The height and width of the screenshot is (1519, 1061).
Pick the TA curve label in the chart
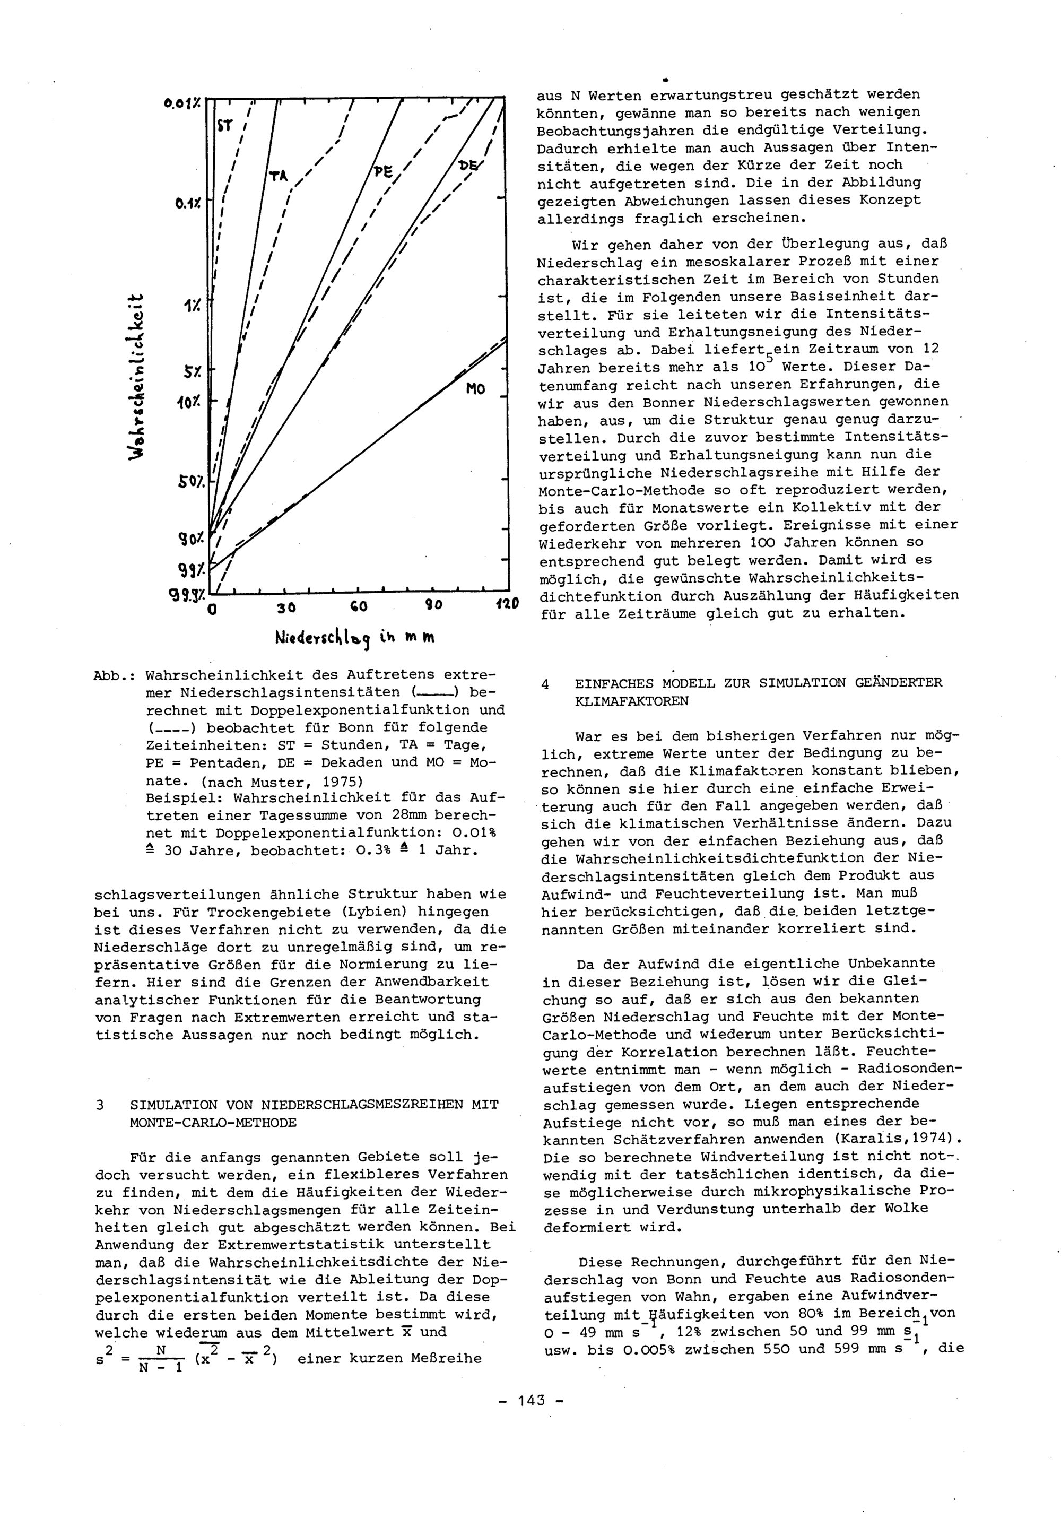280,175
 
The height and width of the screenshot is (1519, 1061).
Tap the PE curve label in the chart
382,171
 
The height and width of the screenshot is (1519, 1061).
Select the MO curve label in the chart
475,389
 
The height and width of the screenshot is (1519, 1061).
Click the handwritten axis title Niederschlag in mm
354,638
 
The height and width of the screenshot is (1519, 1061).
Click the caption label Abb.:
115,675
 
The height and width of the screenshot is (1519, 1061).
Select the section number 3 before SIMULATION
100,1105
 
